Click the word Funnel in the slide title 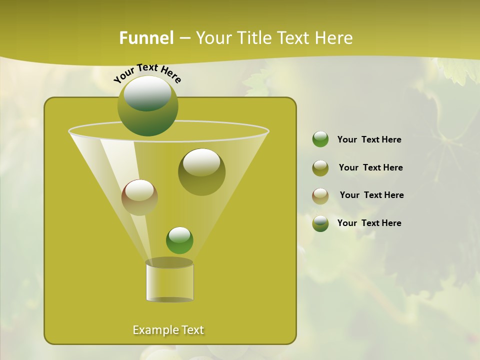coord(146,38)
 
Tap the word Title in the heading coord(253,38)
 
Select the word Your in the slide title coord(213,38)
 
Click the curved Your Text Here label coord(147,72)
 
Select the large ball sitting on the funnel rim coord(148,106)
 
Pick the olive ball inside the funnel coord(201,172)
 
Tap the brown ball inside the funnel coord(139,197)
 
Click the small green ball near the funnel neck coord(179,240)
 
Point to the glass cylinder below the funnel coord(169,282)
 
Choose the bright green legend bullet coord(320,139)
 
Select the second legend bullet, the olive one coord(320,168)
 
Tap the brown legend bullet coord(320,195)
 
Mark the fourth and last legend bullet coord(320,223)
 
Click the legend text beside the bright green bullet coord(369,140)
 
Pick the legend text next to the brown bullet coord(371,195)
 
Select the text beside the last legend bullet coord(369,223)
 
